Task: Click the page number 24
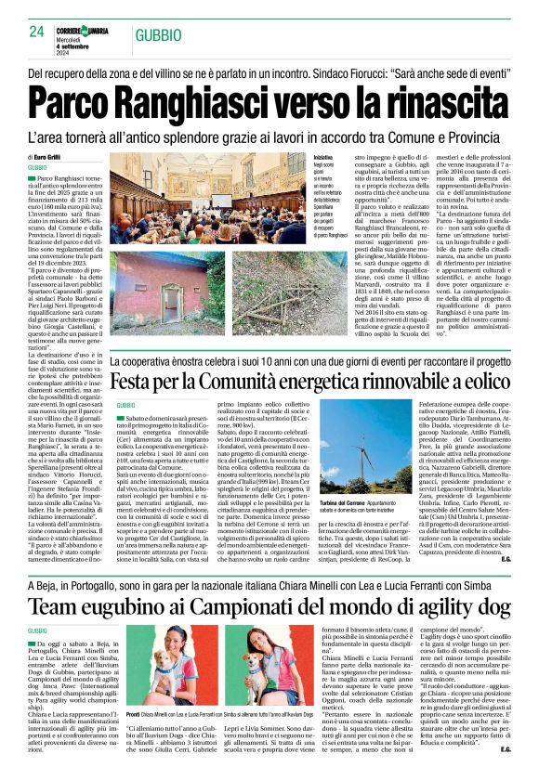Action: click(37, 32)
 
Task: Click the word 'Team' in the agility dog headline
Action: click(54, 580)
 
